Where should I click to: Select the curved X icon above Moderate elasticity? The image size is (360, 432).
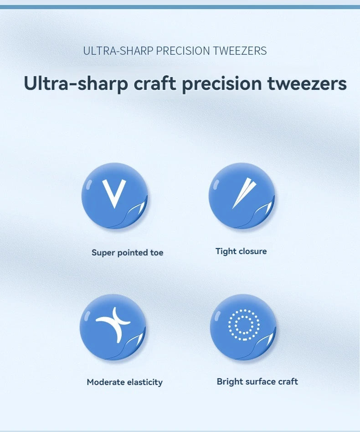(113, 324)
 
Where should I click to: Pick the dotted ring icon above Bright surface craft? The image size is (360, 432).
(244, 325)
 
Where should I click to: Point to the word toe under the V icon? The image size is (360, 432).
(157, 253)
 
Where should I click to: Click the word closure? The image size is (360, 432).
(253, 251)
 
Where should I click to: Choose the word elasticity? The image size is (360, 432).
(145, 382)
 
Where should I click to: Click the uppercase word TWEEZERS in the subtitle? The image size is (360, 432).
(240, 51)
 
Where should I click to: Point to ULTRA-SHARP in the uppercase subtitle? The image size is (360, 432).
(118, 51)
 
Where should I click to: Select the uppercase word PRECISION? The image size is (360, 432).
(183, 51)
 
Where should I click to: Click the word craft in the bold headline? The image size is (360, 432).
(154, 83)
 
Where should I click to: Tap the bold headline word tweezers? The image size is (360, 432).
(307, 83)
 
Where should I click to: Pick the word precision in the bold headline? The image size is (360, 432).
(222, 84)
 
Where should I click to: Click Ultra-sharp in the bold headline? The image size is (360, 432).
(76, 83)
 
